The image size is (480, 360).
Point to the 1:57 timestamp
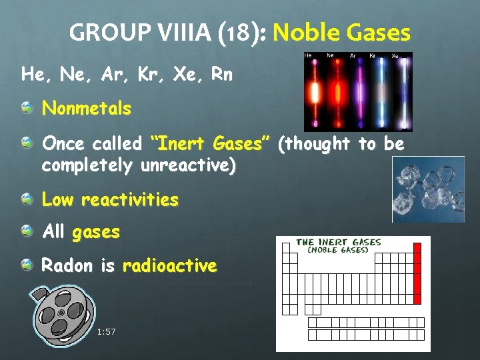tap(106, 331)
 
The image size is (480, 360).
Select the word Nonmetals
tap(87, 108)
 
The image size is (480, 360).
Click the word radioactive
tap(169, 266)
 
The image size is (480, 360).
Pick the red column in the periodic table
tap(418, 273)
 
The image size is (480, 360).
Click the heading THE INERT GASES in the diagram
tap(339, 242)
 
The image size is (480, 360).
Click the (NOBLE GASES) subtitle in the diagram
tap(338, 250)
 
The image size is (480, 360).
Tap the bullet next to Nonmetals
tap(27, 108)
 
